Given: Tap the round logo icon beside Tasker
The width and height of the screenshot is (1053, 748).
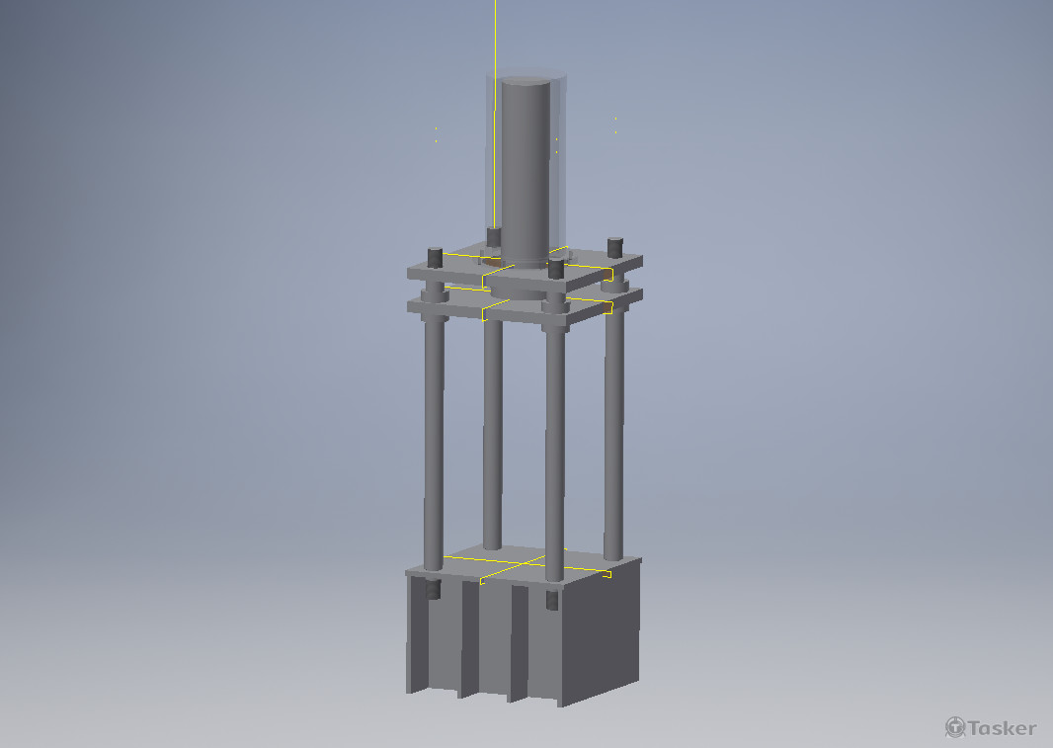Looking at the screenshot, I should point(955,728).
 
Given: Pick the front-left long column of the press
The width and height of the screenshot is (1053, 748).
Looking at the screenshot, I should point(433,435).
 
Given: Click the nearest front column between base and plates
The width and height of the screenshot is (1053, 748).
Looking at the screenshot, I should point(554,445).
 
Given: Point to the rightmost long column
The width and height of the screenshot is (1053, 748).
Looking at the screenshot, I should point(613,425).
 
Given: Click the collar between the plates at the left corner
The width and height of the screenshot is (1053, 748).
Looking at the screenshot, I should point(433,293).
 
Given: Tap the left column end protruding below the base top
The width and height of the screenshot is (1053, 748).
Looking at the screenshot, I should point(433,591).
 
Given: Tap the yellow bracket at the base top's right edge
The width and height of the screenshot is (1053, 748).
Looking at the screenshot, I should point(607,573).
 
